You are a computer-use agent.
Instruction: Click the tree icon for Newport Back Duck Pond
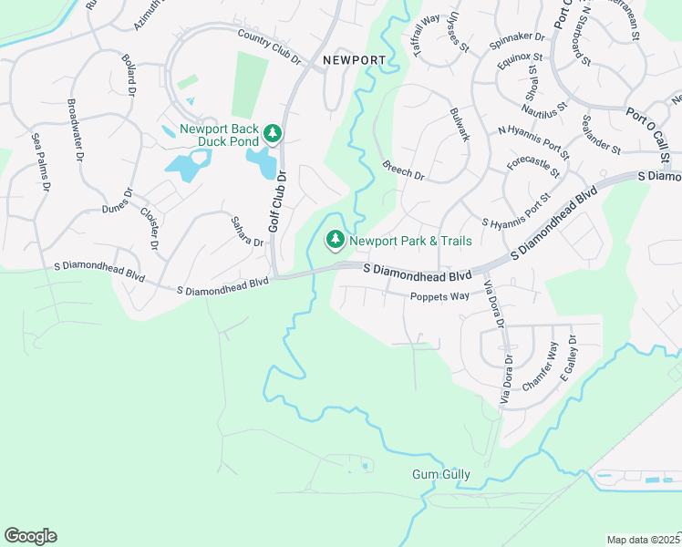tap(272, 135)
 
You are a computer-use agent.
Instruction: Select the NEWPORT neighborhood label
tap(354, 61)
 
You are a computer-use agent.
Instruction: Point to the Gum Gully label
tap(439, 475)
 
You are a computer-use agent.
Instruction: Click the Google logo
tap(30, 536)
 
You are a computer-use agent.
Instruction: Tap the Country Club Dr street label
tap(268, 46)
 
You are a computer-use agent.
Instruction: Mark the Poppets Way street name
tap(439, 296)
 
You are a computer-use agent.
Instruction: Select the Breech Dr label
tap(404, 170)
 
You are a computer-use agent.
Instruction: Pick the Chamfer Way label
tap(541, 366)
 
